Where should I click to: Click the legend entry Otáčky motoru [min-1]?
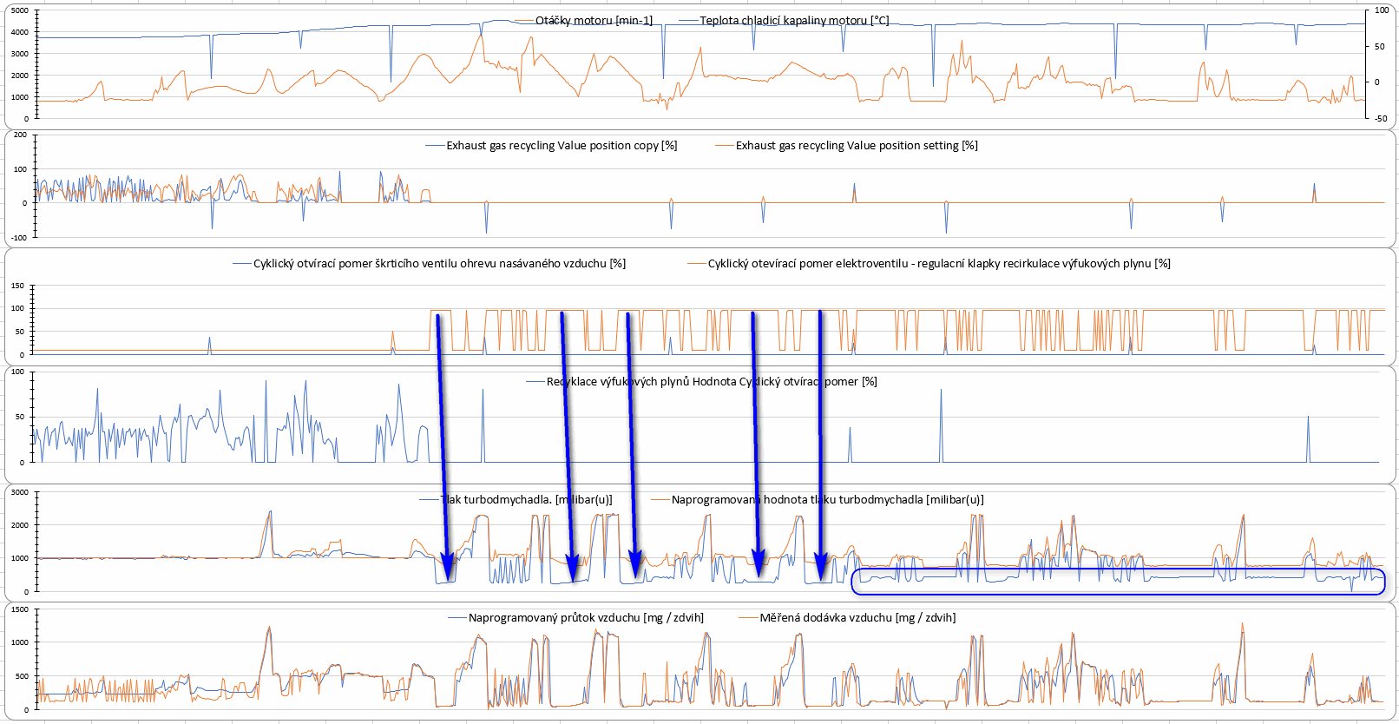594,21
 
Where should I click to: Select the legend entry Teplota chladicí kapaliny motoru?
794,21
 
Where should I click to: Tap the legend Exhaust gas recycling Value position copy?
562,146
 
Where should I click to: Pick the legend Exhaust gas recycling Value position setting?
857,146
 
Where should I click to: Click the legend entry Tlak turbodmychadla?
526,500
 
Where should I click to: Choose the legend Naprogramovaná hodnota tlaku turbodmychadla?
827,500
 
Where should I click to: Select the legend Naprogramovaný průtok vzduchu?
586,618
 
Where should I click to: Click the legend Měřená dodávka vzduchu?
857,618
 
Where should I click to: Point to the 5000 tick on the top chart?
20,10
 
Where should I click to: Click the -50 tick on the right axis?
1380,118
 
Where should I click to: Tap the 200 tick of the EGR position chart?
20,135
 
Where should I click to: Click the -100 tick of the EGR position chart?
18,237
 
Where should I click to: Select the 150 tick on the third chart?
18,286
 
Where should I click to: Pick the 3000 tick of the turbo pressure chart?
20,492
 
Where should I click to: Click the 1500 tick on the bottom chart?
20,610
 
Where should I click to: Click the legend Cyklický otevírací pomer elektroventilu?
939,264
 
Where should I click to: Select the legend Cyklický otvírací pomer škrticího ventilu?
439,264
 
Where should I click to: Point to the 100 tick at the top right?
1382,10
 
